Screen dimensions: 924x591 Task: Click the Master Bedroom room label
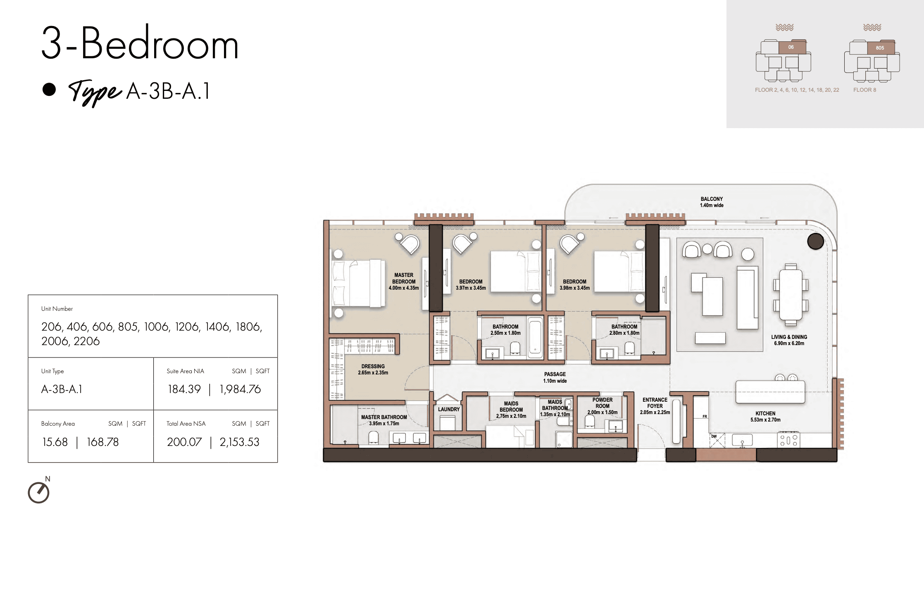point(404,281)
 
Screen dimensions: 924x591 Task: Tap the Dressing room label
point(373,369)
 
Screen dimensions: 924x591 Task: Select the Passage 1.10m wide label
point(555,377)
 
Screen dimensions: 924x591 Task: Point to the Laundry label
point(449,409)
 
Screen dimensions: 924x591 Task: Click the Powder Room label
point(603,406)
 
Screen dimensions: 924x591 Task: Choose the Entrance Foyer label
point(655,406)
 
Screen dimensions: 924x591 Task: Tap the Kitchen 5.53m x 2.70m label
point(765,417)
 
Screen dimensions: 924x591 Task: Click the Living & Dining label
point(789,340)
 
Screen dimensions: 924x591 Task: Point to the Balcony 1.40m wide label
point(712,202)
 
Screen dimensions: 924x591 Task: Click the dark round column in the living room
point(815,241)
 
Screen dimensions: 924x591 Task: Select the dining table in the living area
point(791,295)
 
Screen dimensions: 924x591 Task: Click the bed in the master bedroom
point(358,283)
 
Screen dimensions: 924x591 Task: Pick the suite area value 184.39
point(184,389)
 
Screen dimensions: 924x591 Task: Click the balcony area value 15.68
point(55,442)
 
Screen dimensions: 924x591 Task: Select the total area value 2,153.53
point(239,442)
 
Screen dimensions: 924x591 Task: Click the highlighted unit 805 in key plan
point(881,48)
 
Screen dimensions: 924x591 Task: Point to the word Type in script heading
point(95,92)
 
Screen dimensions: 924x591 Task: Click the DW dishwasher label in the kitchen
point(714,436)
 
